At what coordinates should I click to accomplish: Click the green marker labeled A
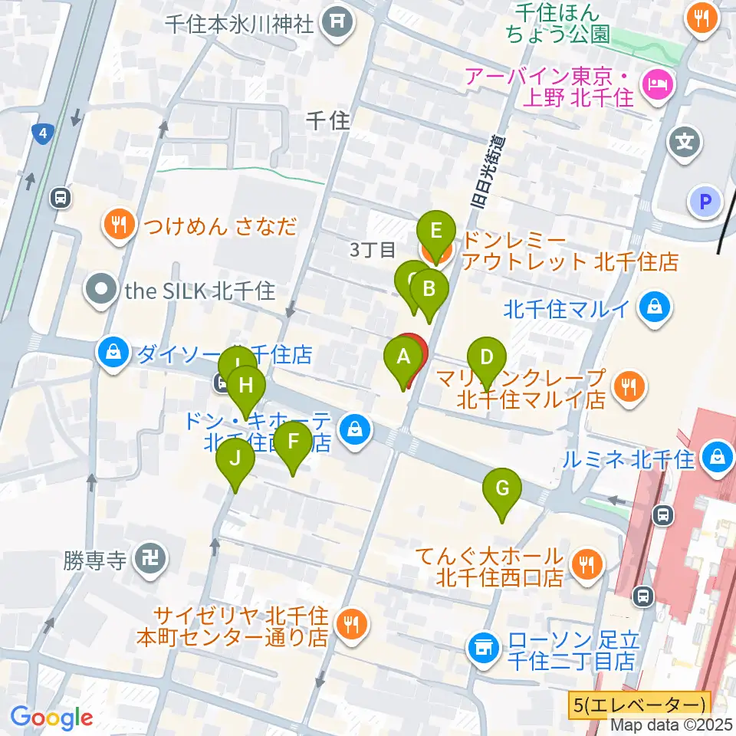click(x=402, y=356)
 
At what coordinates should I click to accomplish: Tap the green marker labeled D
click(x=486, y=356)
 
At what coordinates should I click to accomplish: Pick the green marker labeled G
click(x=502, y=488)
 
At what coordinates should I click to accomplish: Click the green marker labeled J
click(x=235, y=459)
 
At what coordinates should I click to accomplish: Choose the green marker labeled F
click(x=293, y=441)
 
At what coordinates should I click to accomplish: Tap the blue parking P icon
click(x=705, y=202)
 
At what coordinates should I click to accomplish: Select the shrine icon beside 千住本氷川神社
click(x=336, y=23)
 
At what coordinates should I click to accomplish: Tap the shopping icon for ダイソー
click(x=113, y=354)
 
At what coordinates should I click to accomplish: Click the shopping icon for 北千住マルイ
click(x=658, y=309)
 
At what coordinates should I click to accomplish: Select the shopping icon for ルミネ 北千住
click(x=718, y=458)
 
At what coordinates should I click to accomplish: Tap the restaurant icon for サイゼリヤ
click(x=352, y=625)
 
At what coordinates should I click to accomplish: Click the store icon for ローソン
click(x=484, y=648)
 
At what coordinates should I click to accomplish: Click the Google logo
click(x=51, y=717)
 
